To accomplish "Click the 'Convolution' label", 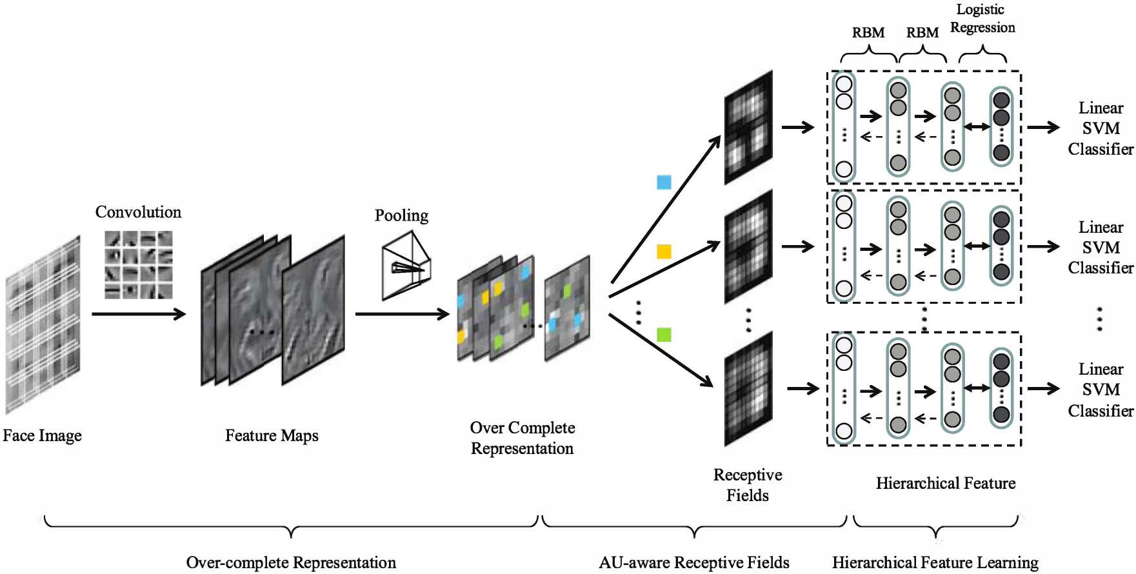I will [138, 212].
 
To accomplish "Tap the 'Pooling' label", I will [401, 215].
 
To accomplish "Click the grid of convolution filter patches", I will [139, 265].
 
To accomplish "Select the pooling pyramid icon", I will [406, 266].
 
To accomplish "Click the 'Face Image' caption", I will [42, 436].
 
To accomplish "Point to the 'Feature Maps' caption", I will [272, 436].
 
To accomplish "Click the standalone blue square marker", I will [664, 183].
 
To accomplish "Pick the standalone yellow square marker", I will [664, 252].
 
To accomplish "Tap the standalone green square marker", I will [664, 335].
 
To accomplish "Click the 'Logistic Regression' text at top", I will [982, 19].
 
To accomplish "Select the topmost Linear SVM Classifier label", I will [1100, 128].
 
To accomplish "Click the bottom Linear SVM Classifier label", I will [1100, 390].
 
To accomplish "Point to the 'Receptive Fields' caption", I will [748, 485].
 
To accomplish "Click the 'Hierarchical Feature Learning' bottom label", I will [935, 562].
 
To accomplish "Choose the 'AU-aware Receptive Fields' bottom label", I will [693, 562].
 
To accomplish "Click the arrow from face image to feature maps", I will [138, 314].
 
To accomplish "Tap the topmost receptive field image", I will [748, 127].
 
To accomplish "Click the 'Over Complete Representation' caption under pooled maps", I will [522, 438].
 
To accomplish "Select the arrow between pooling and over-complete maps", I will [401, 314].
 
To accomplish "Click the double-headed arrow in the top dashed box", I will [977, 127].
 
